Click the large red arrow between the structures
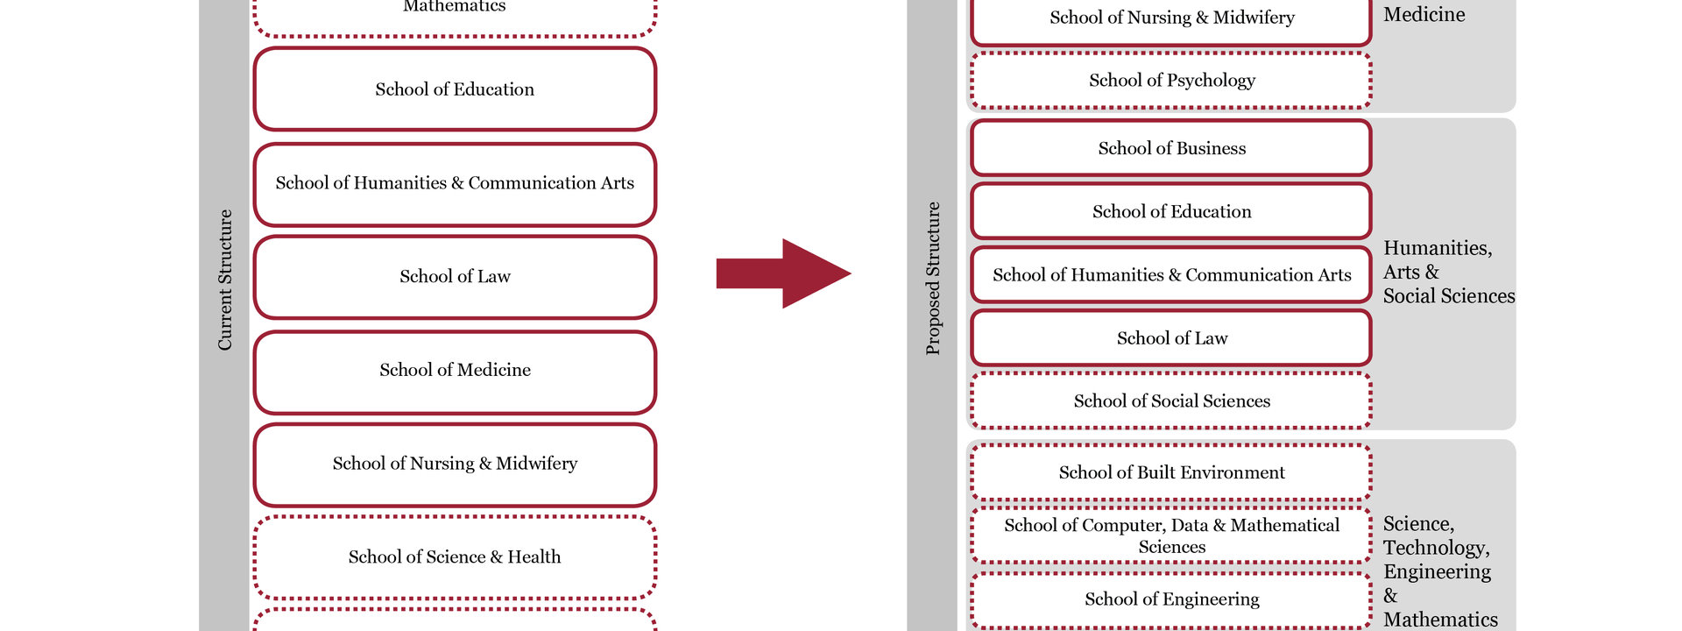(x=781, y=273)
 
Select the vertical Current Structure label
(x=225, y=280)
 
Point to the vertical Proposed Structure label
(x=933, y=279)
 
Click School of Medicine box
(x=455, y=371)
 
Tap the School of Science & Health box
(x=455, y=557)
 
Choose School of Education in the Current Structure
(x=455, y=89)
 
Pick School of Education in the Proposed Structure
(x=1171, y=212)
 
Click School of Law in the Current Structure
(x=455, y=277)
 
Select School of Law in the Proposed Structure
(x=1171, y=338)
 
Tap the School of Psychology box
(x=1171, y=81)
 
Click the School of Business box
(x=1171, y=149)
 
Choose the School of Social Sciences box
(x=1171, y=401)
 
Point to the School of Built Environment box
(x=1171, y=473)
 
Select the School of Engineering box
(x=1171, y=599)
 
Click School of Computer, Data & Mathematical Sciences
(x=1171, y=535)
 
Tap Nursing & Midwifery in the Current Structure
(x=455, y=464)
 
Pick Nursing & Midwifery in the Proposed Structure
(x=1171, y=18)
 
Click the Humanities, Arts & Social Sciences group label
(x=1447, y=273)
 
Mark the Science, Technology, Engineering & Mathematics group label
(x=1439, y=571)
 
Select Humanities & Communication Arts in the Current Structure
(x=455, y=183)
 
